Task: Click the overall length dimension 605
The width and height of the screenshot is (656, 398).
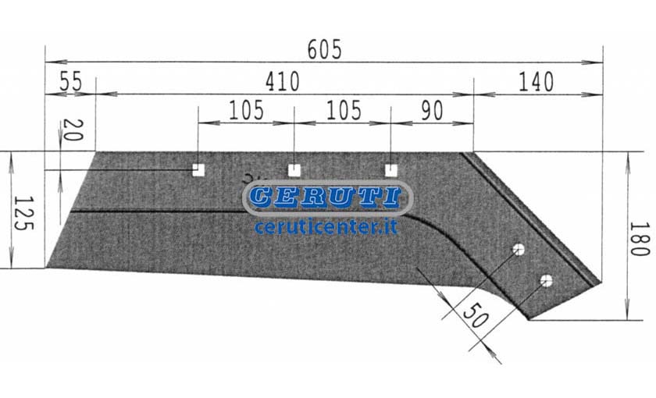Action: pyautogui.click(x=324, y=49)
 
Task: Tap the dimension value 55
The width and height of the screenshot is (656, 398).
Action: pyautogui.click(x=70, y=81)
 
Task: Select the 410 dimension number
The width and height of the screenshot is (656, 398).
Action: pyautogui.click(x=283, y=81)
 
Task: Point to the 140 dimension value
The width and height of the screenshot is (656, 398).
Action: pyautogui.click(x=536, y=81)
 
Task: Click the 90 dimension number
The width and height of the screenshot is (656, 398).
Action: pyautogui.click(x=432, y=110)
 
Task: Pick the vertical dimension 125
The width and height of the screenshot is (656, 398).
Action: pyautogui.click(x=23, y=213)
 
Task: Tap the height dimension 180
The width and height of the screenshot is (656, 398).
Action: pyautogui.click(x=640, y=239)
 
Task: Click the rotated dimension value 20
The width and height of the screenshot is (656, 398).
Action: pyautogui.click(x=73, y=130)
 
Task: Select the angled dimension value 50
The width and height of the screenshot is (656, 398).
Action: pyautogui.click(x=476, y=315)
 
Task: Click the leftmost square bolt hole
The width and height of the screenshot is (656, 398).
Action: pyautogui.click(x=198, y=170)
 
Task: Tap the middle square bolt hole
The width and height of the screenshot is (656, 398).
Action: pyautogui.click(x=294, y=170)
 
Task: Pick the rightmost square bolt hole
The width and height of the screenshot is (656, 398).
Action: pyautogui.click(x=391, y=170)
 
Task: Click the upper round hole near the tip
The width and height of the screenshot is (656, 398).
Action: pyautogui.click(x=519, y=250)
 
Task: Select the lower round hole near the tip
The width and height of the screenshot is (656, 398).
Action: pyautogui.click(x=547, y=280)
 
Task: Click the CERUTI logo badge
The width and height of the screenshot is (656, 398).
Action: pyautogui.click(x=327, y=197)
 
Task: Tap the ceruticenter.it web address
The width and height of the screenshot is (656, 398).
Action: pyautogui.click(x=326, y=227)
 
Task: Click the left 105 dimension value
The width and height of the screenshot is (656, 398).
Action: pyautogui.click(x=247, y=110)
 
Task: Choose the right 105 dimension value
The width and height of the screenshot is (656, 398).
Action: pyautogui.click(x=344, y=110)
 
